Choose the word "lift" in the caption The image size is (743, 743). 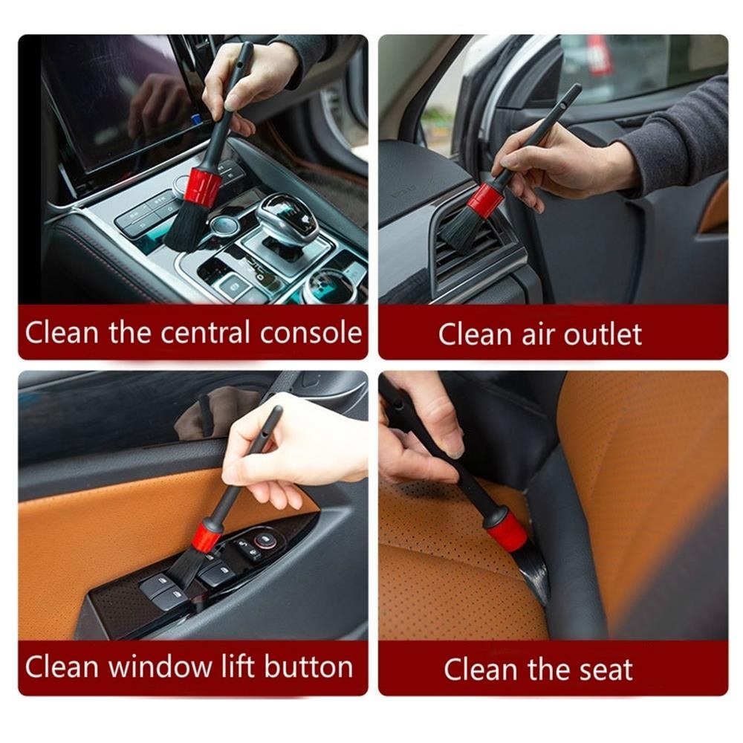click(x=236, y=666)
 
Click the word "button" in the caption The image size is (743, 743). click(x=307, y=666)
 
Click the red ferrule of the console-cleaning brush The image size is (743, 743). click(x=203, y=186)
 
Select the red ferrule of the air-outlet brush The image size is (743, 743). click(x=484, y=200)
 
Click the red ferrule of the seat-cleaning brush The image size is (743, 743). click(x=507, y=529)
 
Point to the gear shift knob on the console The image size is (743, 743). click(x=286, y=218)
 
